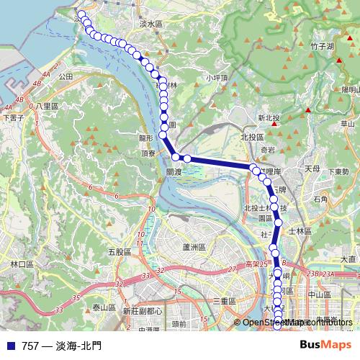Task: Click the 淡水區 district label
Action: [x=151, y=24]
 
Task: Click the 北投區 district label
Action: [x=252, y=135]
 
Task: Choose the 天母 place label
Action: [x=312, y=168]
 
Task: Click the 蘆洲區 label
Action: [x=194, y=247]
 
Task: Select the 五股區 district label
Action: [x=118, y=252]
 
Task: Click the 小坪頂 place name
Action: [x=217, y=78]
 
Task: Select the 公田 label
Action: [x=66, y=76]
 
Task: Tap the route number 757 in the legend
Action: [x=30, y=346]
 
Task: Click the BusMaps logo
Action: [x=325, y=345]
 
